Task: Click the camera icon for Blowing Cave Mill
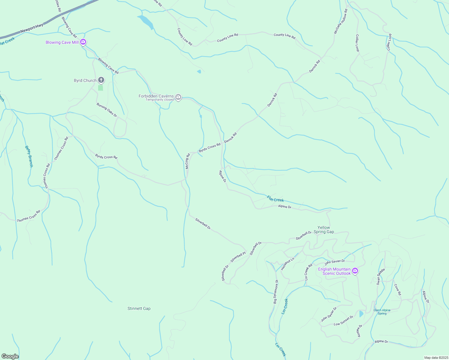83,42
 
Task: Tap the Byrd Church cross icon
101,80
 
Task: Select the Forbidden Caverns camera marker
178,97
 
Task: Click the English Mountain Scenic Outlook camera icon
355,271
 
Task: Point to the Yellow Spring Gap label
324,229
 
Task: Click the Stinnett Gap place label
139,308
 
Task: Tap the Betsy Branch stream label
29,156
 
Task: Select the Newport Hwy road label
32,29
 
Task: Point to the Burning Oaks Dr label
107,110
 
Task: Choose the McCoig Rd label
187,161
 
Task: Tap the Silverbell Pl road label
238,257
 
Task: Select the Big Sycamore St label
276,292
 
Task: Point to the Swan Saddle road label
381,277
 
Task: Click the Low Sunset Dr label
343,321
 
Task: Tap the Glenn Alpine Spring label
382,312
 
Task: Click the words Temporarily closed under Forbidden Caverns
160,100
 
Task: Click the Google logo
10,356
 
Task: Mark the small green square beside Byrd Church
101,88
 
